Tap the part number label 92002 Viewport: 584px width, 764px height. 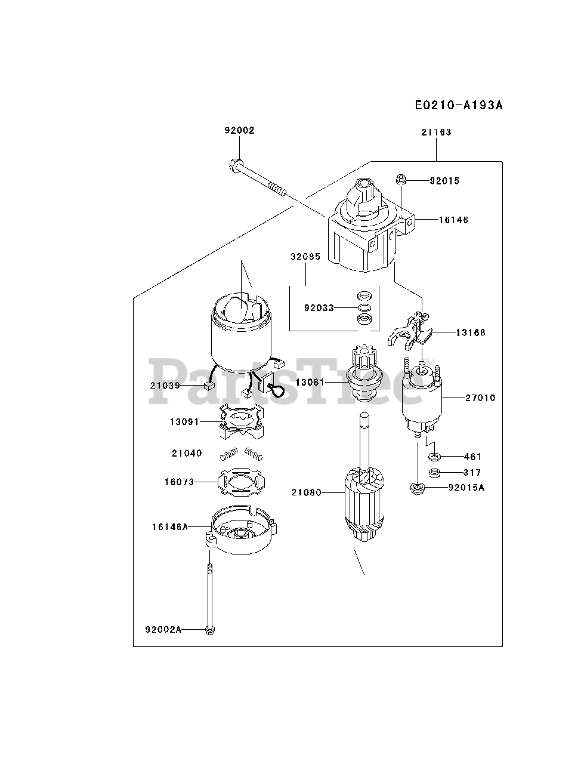pyautogui.click(x=239, y=130)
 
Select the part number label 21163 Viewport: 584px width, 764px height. pyautogui.click(x=436, y=133)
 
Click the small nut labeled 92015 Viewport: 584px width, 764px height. pyautogui.click(x=401, y=178)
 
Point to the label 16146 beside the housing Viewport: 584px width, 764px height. pyautogui.click(x=453, y=220)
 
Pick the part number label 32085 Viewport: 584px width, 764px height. pyautogui.click(x=305, y=257)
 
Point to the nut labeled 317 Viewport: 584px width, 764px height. pyautogui.click(x=435, y=473)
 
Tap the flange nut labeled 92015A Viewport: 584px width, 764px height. pyautogui.click(x=415, y=489)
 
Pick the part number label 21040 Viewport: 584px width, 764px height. pyautogui.click(x=187, y=454)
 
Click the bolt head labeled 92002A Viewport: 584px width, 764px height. pyautogui.click(x=209, y=630)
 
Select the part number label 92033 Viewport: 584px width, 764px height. pyautogui.click(x=320, y=308)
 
